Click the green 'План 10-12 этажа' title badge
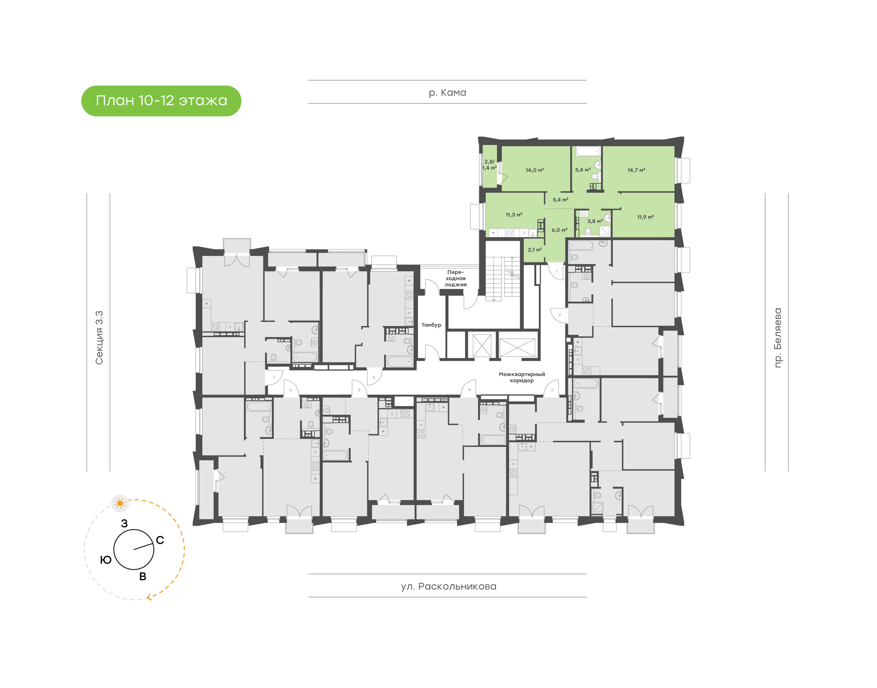click(x=161, y=101)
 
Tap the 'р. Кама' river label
click(x=447, y=93)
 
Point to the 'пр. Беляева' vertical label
click(x=777, y=338)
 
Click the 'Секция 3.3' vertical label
click(x=99, y=338)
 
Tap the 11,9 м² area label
click(x=645, y=217)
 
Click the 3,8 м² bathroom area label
click(x=595, y=221)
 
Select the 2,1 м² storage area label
click(x=535, y=250)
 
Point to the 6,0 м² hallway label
click(x=559, y=230)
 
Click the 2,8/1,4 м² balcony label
click(x=489, y=165)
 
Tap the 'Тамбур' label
click(x=431, y=325)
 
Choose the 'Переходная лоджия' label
click(x=455, y=278)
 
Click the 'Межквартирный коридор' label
click(x=522, y=377)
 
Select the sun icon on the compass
click(x=120, y=503)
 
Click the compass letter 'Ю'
click(x=106, y=560)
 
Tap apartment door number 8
click(x=373, y=377)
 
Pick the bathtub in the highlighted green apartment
click(x=588, y=152)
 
